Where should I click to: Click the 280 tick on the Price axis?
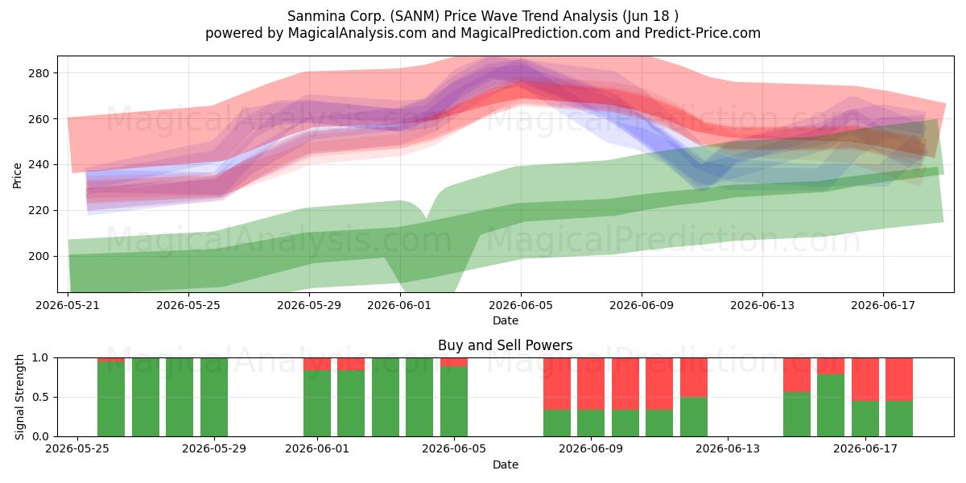[39, 73]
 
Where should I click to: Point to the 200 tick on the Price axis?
[39, 257]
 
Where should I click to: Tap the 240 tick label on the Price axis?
[39, 165]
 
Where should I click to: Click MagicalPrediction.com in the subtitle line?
[535, 33]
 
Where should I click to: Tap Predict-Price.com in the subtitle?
[703, 33]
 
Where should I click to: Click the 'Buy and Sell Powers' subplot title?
[505, 345]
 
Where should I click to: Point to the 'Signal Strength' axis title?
[19, 397]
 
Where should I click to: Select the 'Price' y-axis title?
[17, 175]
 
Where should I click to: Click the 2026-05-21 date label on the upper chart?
[68, 305]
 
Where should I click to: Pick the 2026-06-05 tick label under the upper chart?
[521, 305]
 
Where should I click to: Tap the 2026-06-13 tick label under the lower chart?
[728, 449]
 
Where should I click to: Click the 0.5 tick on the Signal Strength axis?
[40, 397]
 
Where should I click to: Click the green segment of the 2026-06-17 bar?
[865, 419]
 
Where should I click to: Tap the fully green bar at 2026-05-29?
[214, 397]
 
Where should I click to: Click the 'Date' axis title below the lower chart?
[506, 464]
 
